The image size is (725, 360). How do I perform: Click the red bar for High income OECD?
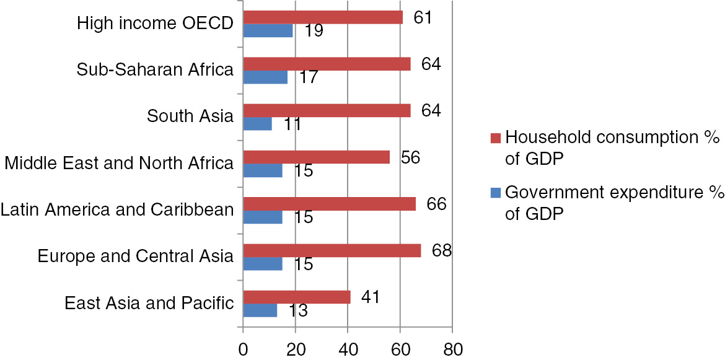pyautogui.click(x=323, y=17)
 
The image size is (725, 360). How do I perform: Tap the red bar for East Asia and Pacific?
pyautogui.click(x=297, y=297)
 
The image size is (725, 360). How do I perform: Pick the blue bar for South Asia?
pyautogui.click(x=257, y=123)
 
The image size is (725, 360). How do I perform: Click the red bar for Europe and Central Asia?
pyautogui.click(x=332, y=250)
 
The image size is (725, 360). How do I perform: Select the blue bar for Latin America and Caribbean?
pyautogui.click(x=263, y=217)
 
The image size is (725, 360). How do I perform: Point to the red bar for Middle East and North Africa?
pyautogui.click(x=317, y=157)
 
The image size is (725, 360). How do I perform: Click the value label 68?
pyautogui.click(x=436, y=250)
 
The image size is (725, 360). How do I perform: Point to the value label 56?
pyautogui.click(x=410, y=157)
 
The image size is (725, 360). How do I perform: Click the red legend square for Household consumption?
pyautogui.click(x=494, y=137)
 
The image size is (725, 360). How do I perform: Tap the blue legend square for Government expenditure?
pyautogui.click(x=494, y=193)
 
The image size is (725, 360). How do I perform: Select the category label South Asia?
pyautogui.click(x=190, y=116)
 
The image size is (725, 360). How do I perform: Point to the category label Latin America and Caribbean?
pyautogui.click(x=117, y=209)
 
